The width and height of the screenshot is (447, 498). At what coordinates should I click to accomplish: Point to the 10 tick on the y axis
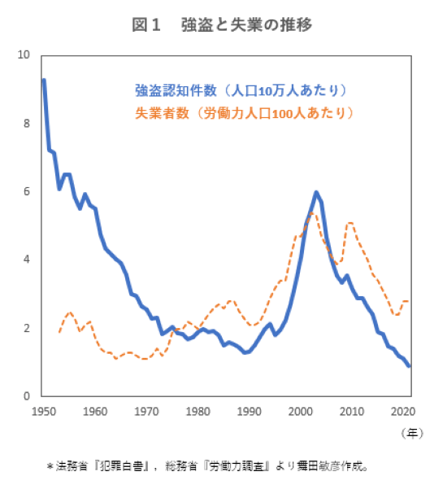pos(23,55)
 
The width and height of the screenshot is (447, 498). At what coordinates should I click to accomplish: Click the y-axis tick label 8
pos(26,124)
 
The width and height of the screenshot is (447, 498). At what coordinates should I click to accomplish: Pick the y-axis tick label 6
pos(26,192)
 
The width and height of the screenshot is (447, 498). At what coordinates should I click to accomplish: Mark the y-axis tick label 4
pos(26,260)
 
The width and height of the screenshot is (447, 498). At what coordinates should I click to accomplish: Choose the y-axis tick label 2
pos(26,329)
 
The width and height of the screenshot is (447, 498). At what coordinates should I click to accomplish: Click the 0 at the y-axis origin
pos(26,396)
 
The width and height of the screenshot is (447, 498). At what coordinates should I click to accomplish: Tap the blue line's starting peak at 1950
pos(44,80)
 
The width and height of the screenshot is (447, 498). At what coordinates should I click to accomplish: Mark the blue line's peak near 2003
pos(315,192)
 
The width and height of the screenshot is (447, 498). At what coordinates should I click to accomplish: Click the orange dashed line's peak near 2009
pos(349,223)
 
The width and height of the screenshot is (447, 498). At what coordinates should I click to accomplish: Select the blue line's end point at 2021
pos(409,365)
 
